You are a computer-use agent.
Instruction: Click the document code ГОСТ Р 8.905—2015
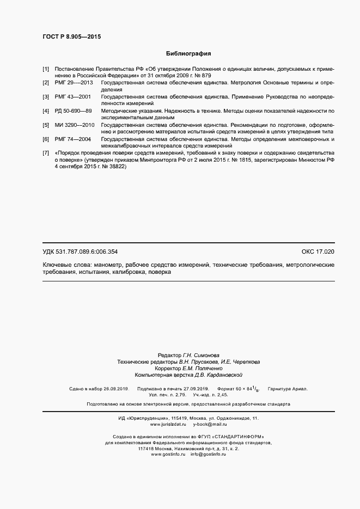71,36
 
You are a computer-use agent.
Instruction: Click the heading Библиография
188,54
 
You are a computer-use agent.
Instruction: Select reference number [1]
46,70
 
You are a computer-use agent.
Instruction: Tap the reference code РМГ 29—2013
74,83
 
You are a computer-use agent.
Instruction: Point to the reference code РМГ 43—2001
73,96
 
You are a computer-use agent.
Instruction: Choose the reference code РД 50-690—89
74,111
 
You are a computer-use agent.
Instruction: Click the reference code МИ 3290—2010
75,125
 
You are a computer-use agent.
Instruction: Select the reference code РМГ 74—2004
73,139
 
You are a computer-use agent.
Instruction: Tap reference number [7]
46,154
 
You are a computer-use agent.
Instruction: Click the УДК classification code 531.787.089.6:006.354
88,252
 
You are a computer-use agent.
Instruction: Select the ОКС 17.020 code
318,252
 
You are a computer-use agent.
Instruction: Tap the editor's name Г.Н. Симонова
200,354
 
